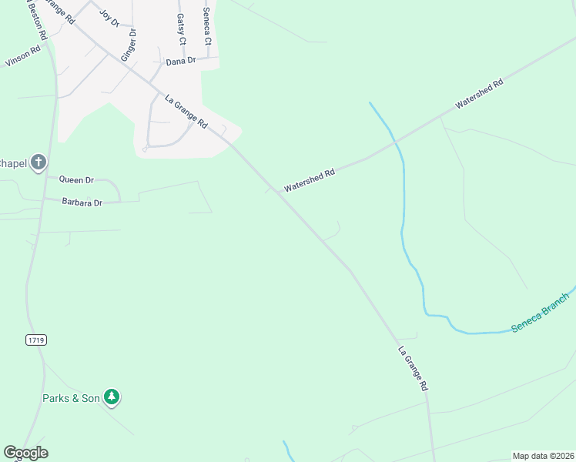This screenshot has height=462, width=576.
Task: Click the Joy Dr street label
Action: [110, 18]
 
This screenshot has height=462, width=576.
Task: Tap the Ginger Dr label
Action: [128, 45]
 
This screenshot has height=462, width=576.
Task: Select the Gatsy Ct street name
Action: [182, 29]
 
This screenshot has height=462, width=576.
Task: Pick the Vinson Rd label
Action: [21, 59]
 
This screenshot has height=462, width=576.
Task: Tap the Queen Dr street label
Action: [76, 180]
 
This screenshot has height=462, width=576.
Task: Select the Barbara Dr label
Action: [82, 203]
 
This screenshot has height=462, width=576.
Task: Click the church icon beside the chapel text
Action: [39, 162]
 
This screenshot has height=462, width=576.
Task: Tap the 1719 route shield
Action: [35, 339]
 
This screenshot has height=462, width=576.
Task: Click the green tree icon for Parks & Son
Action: [112, 397]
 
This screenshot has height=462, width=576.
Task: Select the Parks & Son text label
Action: [71, 398]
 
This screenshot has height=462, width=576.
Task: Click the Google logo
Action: [25, 453]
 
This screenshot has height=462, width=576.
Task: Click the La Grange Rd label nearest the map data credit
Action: [413, 369]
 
